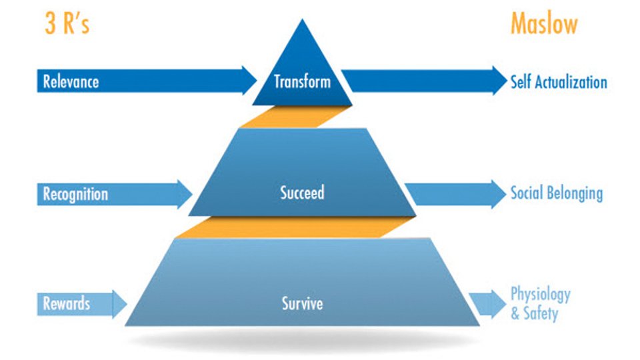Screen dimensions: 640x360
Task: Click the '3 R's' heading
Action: (x=67, y=24)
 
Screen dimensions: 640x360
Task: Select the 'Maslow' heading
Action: (x=544, y=24)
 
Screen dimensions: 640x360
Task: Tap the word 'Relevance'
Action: (x=71, y=81)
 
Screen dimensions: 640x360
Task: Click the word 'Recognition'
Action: (x=75, y=194)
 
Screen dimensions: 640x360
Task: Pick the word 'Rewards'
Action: (x=67, y=304)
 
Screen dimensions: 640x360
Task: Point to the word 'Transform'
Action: (x=302, y=81)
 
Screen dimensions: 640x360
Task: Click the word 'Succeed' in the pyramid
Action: (x=302, y=193)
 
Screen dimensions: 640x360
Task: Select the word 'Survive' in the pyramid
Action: (x=302, y=303)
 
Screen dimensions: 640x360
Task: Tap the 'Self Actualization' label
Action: (x=559, y=82)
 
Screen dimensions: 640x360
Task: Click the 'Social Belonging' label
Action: (x=557, y=193)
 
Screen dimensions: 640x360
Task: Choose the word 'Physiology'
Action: (x=541, y=294)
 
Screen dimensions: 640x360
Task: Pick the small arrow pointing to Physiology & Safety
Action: (x=488, y=304)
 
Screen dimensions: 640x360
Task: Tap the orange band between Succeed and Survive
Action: (x=295, y=227)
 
